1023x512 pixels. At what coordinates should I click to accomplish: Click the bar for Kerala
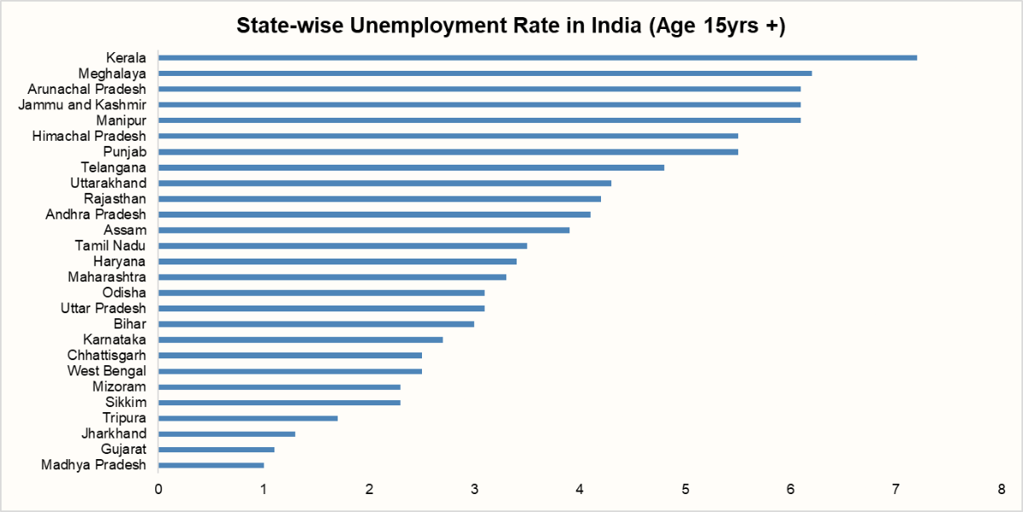coord(537,58)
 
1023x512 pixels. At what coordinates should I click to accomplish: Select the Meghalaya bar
coord(484,73)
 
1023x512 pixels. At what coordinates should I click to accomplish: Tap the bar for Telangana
coord(411,167)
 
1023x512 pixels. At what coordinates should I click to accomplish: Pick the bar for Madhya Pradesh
coord(211,465)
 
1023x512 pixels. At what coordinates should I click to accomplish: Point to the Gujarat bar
coord(216,450)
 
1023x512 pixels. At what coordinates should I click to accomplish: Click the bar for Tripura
coord(247,418)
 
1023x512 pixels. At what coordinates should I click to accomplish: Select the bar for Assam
coord(363,230)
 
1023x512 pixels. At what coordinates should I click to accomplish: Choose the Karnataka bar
coord(300,340)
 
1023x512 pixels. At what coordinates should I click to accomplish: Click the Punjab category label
coord(124,152)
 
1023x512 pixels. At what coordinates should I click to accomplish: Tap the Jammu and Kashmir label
coord(82,105)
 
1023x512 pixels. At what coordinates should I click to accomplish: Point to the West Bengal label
coord(107,371)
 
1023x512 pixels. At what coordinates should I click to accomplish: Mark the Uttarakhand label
coord(108,183)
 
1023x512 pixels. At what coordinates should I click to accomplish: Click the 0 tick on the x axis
coord(159,490)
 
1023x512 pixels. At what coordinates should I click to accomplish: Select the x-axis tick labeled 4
coord(580,490)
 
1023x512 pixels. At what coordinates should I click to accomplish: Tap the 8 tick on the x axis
coord(1001,490)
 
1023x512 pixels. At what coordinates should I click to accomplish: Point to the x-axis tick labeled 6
coord(790,490)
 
